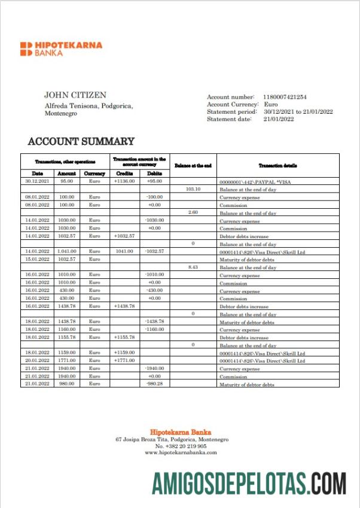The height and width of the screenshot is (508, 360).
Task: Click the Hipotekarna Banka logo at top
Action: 61,48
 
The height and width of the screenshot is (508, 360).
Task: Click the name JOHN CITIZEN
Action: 75,95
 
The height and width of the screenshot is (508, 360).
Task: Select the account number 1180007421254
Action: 285,96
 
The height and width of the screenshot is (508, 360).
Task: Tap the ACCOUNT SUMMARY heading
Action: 81,142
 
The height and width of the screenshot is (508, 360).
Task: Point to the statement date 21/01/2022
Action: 279,119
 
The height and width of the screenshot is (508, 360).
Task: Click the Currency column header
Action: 94,174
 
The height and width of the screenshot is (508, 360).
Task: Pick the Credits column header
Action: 125,174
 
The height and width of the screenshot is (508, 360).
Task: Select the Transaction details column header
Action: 278,165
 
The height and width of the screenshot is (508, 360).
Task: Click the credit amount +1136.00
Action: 125,181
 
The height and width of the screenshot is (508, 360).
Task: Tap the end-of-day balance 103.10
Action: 193,188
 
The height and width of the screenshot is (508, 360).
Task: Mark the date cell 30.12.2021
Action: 37,181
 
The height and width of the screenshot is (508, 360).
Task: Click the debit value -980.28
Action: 155,384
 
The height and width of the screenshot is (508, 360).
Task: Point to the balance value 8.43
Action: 193,267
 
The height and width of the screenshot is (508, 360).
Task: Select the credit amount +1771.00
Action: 125,360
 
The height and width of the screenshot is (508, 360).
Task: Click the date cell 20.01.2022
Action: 37,360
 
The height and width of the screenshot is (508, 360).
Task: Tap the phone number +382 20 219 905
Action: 181,446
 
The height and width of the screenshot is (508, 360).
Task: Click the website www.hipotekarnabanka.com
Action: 181,452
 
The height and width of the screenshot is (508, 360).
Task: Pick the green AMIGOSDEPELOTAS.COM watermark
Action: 249,483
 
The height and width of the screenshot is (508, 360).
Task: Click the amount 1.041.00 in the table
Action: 66,251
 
